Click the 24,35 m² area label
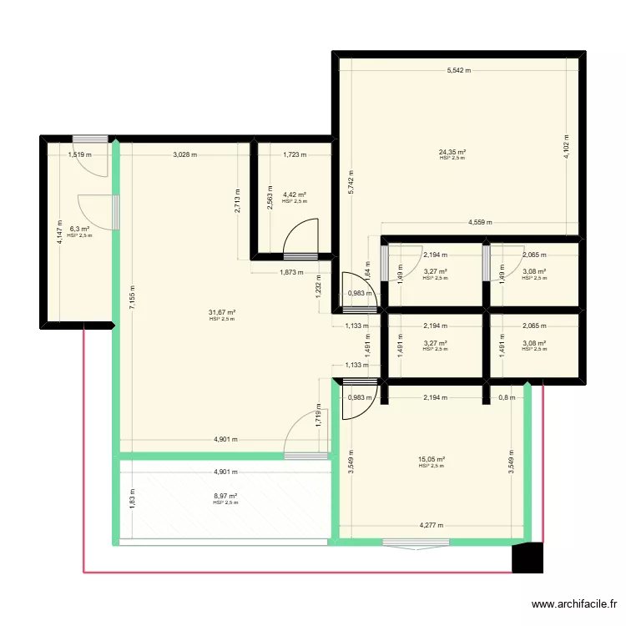click(x=452, y=152)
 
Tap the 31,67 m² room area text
click(x=222, y=312)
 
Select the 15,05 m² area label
click(x=432, y=460)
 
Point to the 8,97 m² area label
click(x=225, y=497)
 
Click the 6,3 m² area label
click(x=79, y=229)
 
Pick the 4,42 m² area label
click(x=295, y=194)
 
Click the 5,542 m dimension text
click(x=459, y=70)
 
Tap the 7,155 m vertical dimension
click(x=133, y=297)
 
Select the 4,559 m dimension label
click(x=480, y=222)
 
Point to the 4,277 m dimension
click(x=432, y=525)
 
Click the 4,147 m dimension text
click(x=59, y=232)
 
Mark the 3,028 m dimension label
click(x=184, y=154)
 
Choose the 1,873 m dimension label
click(x=291, y=273)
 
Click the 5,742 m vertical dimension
click(x=351, y=183)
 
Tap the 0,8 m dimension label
click(x=507, y=397)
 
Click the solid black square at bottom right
click(x=528, y=558)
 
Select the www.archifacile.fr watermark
click(x=574, y=604)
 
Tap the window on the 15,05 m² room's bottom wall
click(x=416, y=543)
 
